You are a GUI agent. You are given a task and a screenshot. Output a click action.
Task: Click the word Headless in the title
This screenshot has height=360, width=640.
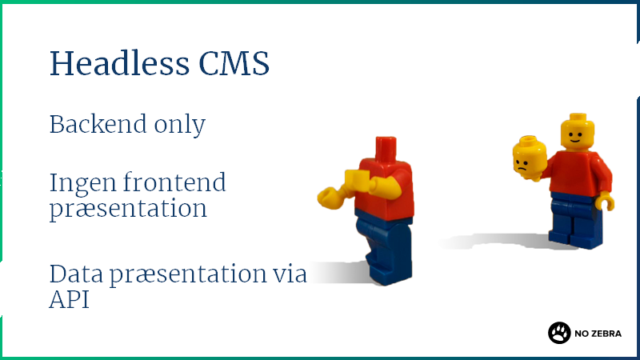click(x=119, y=63)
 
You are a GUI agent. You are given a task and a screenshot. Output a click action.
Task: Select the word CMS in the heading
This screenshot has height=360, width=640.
click(x=234, y=63)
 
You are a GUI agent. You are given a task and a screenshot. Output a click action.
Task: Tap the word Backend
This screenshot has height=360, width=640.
click(x=98, y=124)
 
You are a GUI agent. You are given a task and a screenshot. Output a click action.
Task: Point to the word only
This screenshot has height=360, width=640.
click(x=179, y=125)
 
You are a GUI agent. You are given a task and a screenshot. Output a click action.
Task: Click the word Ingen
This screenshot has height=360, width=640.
click(x=83, y=184)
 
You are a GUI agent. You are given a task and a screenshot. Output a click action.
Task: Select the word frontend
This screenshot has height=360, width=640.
click(x=174, y=182)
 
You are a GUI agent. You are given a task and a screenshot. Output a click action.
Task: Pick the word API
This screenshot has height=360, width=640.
click(x=69, y=299)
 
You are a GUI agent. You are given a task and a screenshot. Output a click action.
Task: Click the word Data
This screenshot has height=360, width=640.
click(x=76, y=274)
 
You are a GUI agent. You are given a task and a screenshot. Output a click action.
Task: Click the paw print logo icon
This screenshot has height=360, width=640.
click(x=559, y=333)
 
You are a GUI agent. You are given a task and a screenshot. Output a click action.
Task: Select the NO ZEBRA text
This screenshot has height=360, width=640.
click(x=598, y=334)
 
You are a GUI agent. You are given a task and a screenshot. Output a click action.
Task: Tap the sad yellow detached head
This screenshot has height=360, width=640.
click(x=530, y=158)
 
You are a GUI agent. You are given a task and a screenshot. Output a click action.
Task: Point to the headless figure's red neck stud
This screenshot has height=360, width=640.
click(x=386, y=149)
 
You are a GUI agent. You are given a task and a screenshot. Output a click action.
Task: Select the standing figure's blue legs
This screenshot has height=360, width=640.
click(x=576, y=221)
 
